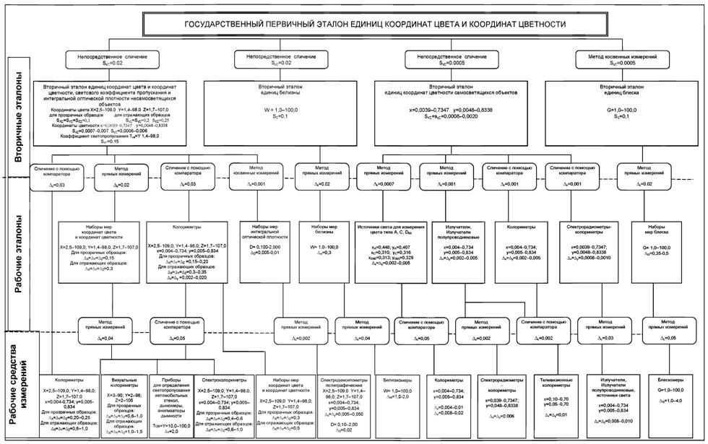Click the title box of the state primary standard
(x=375, y=24)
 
